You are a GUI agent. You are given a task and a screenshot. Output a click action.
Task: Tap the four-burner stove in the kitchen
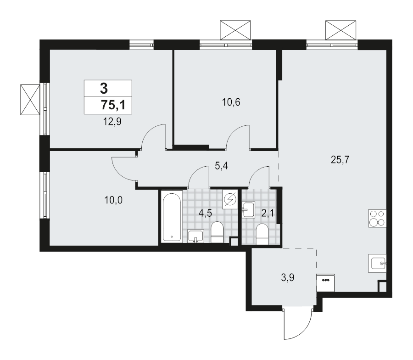377,219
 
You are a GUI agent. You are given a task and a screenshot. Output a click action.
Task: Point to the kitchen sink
378,264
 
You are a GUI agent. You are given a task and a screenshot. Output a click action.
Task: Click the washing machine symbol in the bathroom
229,200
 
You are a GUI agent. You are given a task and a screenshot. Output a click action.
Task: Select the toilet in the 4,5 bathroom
216,232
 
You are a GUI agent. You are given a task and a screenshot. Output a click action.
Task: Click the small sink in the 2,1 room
248,210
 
